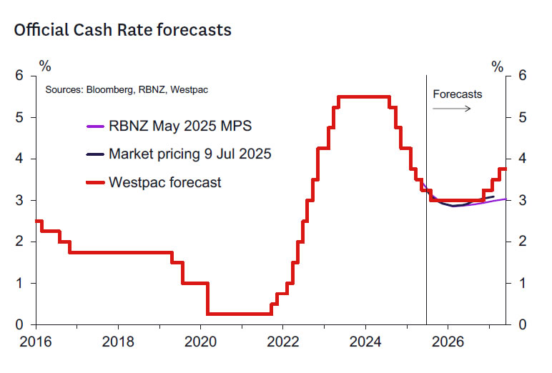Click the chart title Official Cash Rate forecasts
[122, 30]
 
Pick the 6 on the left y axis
[21, 76]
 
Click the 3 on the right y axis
[523, 200]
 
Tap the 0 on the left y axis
[21, 324]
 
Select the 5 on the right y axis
[523, 117]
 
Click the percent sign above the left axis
[45, 66]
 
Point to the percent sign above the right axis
[498, 66]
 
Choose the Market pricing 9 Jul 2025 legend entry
[189, 154]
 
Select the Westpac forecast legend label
[165, 182]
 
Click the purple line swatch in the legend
[96, 127]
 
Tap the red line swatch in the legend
[96, 183]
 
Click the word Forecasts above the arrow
[458, 94]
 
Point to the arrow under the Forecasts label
[452, 109]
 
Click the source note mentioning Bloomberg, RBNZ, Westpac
[127, 90]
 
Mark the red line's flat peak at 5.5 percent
[363, 97]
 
